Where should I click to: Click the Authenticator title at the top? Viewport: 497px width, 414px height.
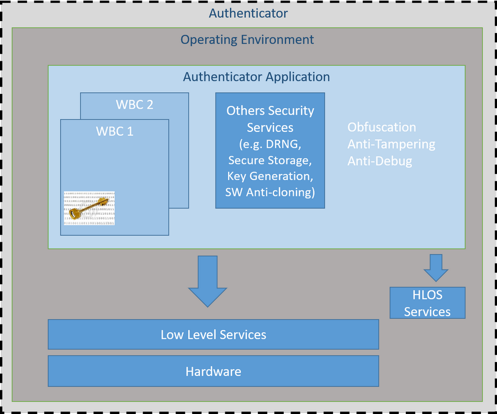[248, 13]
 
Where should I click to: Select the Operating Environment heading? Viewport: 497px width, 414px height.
[247, 40]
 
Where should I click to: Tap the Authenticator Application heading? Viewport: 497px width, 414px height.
[256, 77]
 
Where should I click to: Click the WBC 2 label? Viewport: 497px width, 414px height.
[134, 104]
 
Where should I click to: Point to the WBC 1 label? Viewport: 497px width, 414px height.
[114, 132]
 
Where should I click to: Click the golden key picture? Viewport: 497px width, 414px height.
[89, 208]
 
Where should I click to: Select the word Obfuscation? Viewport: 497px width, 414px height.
[382, 127]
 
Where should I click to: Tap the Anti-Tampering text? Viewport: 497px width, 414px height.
[391, 144]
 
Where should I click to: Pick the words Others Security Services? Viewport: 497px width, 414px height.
[270, 119]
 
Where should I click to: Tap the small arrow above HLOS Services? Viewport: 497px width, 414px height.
[436, 268]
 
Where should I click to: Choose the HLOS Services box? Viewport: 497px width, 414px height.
[427, 303]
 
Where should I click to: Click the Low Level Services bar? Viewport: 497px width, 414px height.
[213, 335]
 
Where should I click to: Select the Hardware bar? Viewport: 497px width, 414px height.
[213, 371]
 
